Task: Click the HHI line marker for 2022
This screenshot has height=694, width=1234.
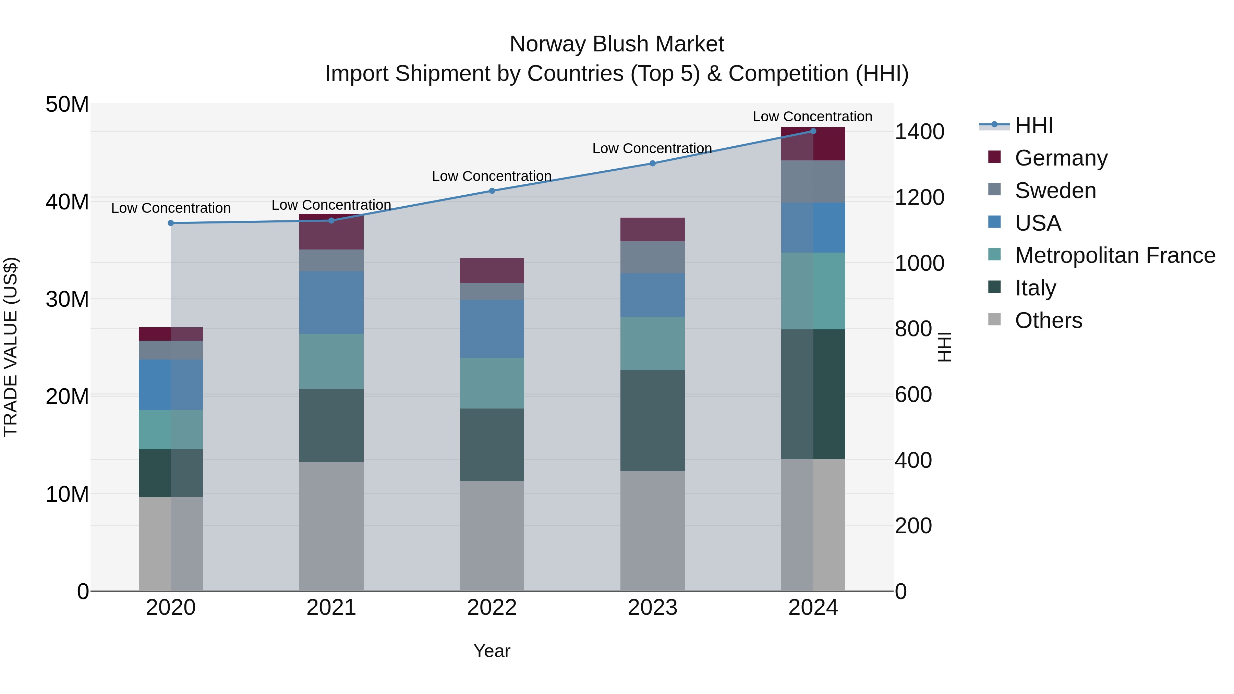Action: (492, 191)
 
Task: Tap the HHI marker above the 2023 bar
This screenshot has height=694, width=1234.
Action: (652, 163)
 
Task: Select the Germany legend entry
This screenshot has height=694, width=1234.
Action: (1061, 158)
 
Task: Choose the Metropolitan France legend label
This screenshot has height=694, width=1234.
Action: (1115, 255)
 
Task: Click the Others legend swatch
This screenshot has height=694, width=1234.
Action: (994, 319)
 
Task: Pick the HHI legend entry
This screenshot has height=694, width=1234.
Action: (1034, 125)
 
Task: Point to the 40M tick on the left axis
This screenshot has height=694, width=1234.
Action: (67, 202)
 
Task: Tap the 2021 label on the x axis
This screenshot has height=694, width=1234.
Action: (331, 608)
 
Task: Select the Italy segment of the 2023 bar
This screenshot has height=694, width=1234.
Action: (652, 421)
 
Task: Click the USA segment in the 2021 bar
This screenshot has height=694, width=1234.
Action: (331, 302)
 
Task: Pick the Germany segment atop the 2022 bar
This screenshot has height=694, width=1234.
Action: (492, 271)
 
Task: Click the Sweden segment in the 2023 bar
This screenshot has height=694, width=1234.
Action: (652, 257)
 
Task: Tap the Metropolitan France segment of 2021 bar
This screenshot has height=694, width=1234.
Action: (331, 361)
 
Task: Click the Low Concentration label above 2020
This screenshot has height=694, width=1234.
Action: (171, 208)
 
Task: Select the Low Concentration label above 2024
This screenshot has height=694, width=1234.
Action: (812, 117)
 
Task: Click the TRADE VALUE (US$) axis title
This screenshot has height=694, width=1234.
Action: (11, 347)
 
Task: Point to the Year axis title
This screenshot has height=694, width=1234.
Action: (492, 651)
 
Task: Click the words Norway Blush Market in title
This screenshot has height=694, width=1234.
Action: (617, 44)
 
